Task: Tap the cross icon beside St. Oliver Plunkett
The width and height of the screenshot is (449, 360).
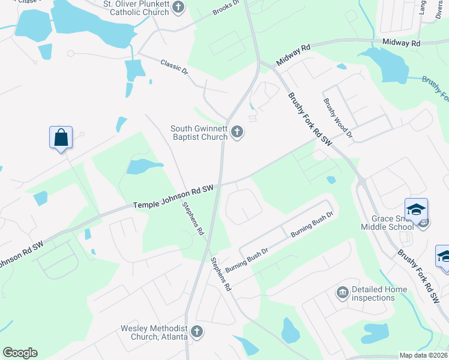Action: [x=178, y=7]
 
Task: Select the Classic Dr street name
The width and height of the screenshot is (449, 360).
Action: [x=174, y=67]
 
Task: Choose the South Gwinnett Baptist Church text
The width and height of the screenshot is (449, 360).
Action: [x=199, y=132]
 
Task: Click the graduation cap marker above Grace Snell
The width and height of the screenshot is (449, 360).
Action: [x=416, y=209]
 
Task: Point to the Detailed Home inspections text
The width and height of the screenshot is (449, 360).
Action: [x=379, y=293]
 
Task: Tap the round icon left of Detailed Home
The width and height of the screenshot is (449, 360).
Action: [x=343, y=293]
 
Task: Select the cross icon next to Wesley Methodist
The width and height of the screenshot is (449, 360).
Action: [x=196, y=331]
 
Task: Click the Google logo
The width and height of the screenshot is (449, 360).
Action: [x=20, y=353]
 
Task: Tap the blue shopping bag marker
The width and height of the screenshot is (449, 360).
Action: [x=61, y=137]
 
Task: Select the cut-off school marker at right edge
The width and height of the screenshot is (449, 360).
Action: [x=444, y=256]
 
